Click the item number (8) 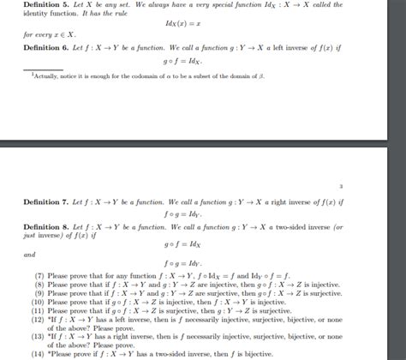[39, 282]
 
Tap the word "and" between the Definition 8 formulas [29, 255]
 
